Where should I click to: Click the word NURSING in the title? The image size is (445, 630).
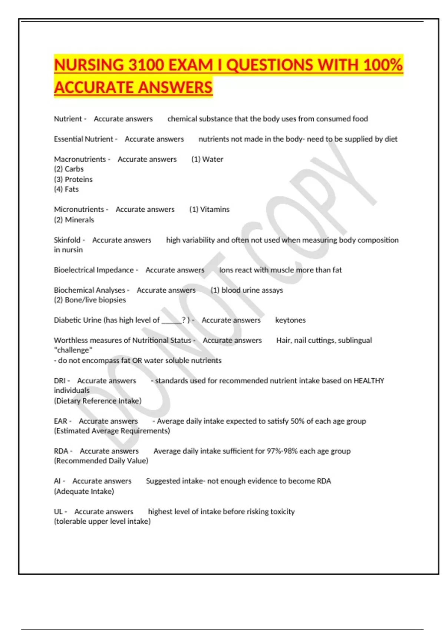89,65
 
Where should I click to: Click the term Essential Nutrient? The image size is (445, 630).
83,139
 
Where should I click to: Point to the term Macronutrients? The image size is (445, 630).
80,159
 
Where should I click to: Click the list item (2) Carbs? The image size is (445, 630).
69,169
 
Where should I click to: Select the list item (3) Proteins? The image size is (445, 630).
73,179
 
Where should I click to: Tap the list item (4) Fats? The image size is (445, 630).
66,189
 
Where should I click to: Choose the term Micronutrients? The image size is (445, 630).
79,209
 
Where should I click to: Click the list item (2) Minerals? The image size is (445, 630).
74,220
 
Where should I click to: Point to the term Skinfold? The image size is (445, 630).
67,240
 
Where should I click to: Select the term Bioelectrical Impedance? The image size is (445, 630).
94,270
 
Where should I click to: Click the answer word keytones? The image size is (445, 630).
290,320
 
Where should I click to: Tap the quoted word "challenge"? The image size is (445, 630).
73,350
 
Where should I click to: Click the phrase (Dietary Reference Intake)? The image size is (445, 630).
98,401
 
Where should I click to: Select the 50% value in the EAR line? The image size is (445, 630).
297,421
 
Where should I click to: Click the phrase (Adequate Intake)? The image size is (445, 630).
84,491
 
